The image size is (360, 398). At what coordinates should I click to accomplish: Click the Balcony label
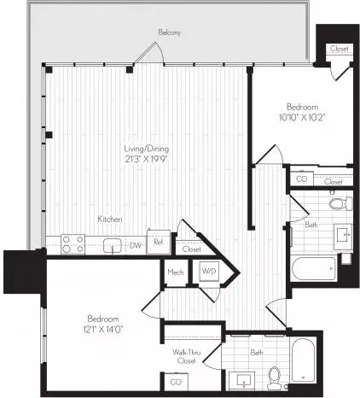(170, 32)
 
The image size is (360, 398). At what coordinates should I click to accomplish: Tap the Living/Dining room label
(147, 149)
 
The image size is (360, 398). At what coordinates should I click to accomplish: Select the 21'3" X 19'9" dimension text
(146, 159)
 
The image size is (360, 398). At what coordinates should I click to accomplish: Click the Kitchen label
(110, 219)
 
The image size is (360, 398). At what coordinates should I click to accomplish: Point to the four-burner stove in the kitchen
(73, 244)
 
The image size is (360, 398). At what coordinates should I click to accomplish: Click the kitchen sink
(113, 246)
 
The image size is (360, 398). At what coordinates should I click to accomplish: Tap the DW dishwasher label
(136, 245)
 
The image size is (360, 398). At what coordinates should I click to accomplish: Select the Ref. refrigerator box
(159, 242)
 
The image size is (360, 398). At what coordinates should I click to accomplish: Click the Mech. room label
(176, 272)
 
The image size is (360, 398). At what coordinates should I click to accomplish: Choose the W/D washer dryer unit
(209, 272)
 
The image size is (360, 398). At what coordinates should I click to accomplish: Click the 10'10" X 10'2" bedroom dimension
(302, 117)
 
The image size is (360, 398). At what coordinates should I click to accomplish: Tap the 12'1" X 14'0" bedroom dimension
(103, 330)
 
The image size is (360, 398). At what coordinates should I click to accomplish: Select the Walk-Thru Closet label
(187, 356)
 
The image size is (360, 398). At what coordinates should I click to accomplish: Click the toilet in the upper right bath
(340, 203)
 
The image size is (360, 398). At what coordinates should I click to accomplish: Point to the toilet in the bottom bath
(274, 378)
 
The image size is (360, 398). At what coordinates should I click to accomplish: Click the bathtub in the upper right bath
(315, 269)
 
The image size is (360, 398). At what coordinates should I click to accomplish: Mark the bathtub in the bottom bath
(303, 360)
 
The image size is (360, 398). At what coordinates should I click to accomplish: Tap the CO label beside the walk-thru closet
(176, 382)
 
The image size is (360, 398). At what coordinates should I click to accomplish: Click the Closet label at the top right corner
(340, 49)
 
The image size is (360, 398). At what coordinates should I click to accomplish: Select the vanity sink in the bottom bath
(244, 381)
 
